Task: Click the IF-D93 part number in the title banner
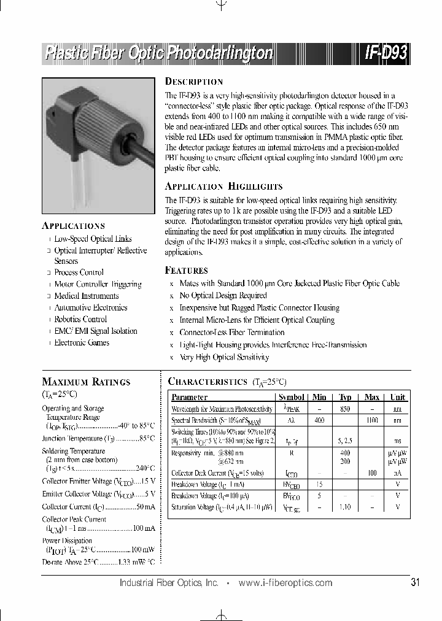(x=386, y=53)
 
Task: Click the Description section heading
(x=194, y=82)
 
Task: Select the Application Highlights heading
(x=223, y=186)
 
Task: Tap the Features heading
(x=187, y=270)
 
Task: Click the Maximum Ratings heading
(x=86, y=382)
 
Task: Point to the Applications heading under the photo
(x=73, y=225)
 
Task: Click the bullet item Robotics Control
(x=80, y=319)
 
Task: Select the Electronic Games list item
(x=82, y=342)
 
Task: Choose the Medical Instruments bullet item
(x=87, y=296)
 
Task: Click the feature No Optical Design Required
(x=223, y=295)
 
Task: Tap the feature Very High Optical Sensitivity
(x=224, y=357)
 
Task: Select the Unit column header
(x=397, y=397)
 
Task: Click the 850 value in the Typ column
(x=345, y=409)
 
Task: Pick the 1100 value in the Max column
(x=371, y=420)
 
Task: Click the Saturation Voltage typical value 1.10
(x=345, y=507)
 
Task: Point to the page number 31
(x=415, y=582)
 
